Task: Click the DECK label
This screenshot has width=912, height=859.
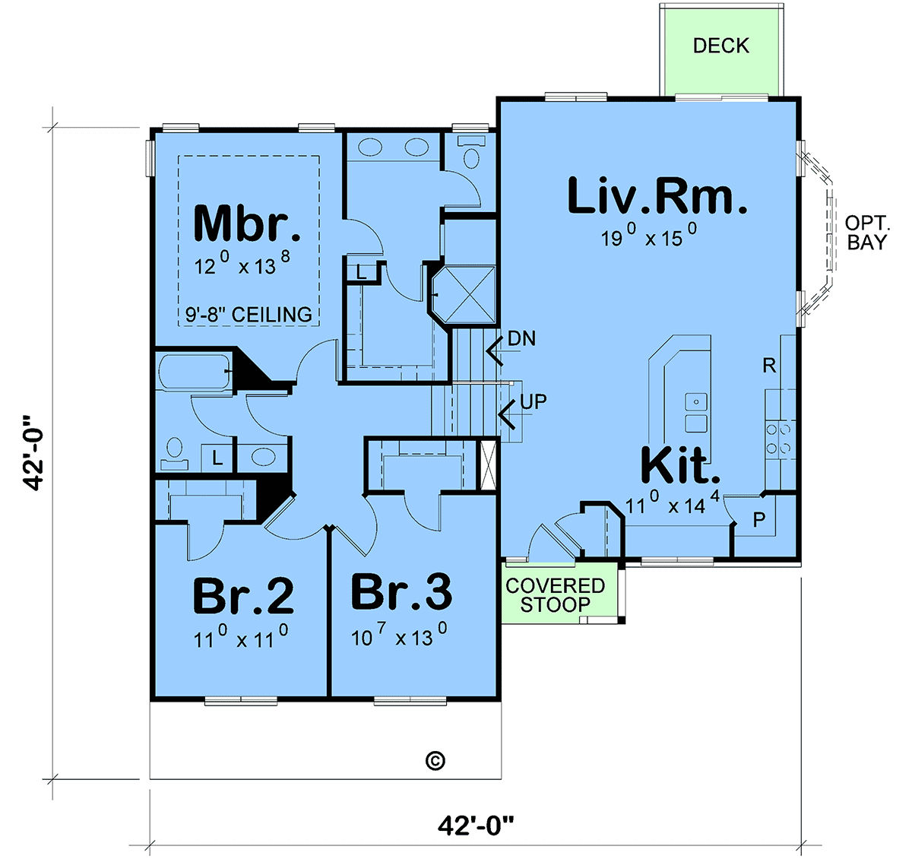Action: (720, 46)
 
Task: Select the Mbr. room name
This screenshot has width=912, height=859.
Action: (247, 223)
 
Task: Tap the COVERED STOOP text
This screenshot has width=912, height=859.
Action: (556, 595)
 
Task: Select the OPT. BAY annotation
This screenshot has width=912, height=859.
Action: (867, 233)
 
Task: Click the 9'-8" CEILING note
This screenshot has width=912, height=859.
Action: (249, 315)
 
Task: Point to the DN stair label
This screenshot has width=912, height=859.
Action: (521, 339)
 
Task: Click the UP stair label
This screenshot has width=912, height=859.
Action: (534, 402)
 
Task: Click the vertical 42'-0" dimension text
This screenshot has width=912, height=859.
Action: (33, 453)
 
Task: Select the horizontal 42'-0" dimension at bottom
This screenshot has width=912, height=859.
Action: (475, 826)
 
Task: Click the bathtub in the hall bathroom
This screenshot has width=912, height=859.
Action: (195, 372)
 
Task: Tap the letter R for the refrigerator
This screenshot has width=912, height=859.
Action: (769, 366)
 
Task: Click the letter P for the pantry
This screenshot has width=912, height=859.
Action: (759, 520)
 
